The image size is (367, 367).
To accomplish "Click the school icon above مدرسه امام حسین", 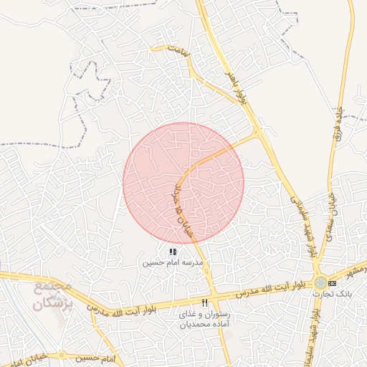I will pyautogui.click(x=172, y=252).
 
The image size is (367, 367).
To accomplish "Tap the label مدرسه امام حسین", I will pyautogui.click(x=172, y=263).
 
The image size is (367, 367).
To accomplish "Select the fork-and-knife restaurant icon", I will pyautogui.click(x=205, y=303).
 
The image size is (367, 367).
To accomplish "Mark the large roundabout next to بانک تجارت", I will pyautogui.click(x=320, y=282).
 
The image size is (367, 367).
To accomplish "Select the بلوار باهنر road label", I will pyautogui.click(x=239, y=86).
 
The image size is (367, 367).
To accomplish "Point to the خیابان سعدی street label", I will pyautogui.click(x=330, y=204).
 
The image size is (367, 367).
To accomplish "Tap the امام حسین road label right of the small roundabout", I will pyautogui.click(x=100, y=357).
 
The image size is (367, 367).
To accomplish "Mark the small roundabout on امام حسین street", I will pyautogui.click(x=62, y=355).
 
